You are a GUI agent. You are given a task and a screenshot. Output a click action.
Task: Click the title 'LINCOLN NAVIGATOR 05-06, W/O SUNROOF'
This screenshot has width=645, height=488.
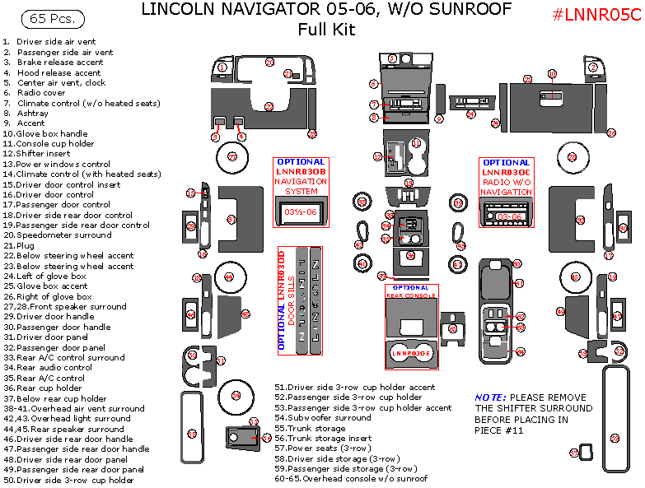[325, 10]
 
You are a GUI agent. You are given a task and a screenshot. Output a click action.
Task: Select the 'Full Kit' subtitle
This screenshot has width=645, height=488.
[326, 30]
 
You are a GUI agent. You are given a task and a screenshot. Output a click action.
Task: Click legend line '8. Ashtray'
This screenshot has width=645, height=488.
[26, 113]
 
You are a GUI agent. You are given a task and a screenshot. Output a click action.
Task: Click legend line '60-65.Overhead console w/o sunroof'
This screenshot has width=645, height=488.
[352, 478]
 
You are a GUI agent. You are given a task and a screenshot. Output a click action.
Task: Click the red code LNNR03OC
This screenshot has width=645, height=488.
[507, 172]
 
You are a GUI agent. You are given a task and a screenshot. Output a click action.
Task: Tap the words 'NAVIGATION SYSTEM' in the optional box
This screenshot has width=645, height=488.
[301, 186]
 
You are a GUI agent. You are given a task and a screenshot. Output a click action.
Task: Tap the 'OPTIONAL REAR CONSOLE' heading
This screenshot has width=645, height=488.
[411, 290]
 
